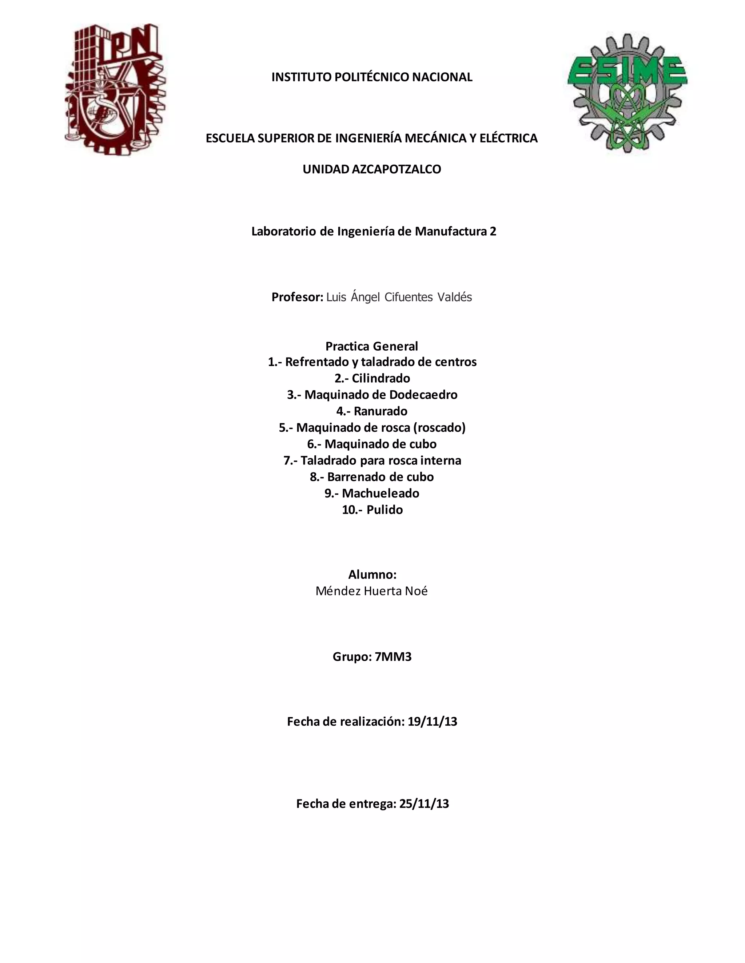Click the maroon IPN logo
(x=116, y=89)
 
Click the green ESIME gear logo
(x=627, y=93)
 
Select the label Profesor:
(x=298, y=297)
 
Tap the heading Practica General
(x=372, y=346)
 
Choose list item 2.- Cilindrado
(x=372, y=378)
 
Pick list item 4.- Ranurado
(x=372, y=411)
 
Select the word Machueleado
(x=381, y=493)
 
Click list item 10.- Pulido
(x=372, y=510)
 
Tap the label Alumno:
(x=372, y=575)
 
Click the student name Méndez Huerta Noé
(x=372, y=591)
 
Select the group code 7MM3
(x=393, y=657)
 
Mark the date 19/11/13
(x=432, y=722)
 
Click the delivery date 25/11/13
(x=424, y=804)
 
